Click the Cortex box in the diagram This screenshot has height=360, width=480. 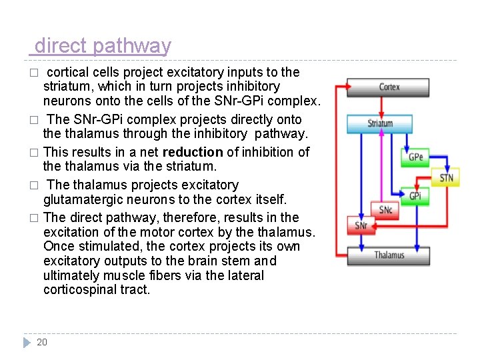pos(389,87)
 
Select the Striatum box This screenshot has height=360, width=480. pos(380,123)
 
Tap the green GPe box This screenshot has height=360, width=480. pos(415,157)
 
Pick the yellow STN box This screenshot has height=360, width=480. pos(446,177)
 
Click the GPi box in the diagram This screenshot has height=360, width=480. pos(415,196)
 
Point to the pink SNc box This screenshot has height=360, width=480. pos(385,210)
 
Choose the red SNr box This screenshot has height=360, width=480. pos(361,225)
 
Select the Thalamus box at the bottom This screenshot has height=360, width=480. pos(389,255)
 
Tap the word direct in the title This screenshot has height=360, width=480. pos(61,46)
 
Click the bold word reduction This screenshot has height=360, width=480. pos(192,152)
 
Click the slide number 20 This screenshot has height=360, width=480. pos(42,342)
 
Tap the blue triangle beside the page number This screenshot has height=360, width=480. pos(27,342)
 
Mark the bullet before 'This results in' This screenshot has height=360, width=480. pos(33,153)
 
